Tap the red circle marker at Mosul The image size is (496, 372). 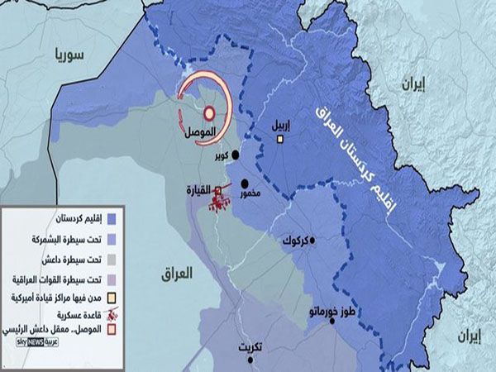tap(209, 114)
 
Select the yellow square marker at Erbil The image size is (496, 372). tap(280, 140)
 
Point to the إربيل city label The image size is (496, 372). tap(281, 125)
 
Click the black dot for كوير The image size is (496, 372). tap(236, 155)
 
